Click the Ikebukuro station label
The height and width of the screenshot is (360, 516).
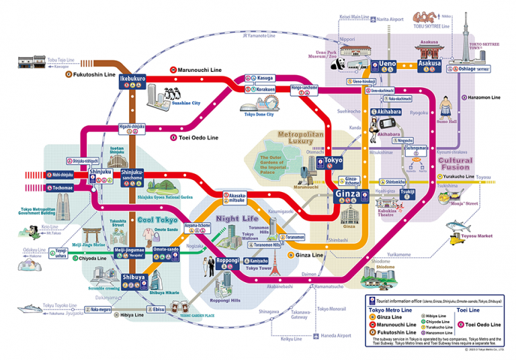click(x=132, y=79)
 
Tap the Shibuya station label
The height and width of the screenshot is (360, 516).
click(x=133, y=277)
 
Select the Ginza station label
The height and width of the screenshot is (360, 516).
click(x=345, y=194)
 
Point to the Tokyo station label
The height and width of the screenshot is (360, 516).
click(x=333, y=161)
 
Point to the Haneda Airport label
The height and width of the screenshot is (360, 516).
click(x=334, y=335)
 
